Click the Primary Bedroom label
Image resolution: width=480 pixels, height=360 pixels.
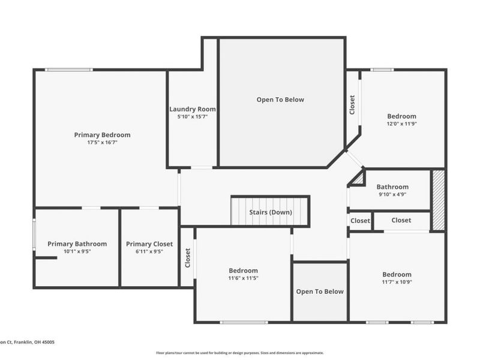(x=102, y=134)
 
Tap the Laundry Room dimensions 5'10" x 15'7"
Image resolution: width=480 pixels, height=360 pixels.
(x=192, y=116)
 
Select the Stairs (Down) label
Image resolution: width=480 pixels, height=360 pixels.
(x=271, y=212)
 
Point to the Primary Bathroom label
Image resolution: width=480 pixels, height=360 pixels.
(x=77, y=244)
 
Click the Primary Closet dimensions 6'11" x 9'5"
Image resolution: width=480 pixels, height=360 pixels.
(x=149, y=251)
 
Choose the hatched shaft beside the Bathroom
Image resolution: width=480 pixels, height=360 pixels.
(x=438, y=200)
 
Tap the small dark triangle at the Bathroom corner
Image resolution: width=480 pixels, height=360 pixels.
(x=358, y=179)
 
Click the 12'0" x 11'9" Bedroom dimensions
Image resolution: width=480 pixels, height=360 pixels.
(x=401, y=124)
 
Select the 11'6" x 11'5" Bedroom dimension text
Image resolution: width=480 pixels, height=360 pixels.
(x=244, y=278)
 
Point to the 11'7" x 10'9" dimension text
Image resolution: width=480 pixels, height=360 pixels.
(x=397, y=282)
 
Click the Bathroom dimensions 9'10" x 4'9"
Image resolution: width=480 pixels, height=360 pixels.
(x=392, y=194)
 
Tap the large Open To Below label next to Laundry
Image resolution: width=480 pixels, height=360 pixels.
(x=280, y=100)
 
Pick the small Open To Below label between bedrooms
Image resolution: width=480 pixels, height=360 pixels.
(x=320, y=292)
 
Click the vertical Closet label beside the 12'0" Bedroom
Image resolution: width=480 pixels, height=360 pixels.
(x=352, y=105)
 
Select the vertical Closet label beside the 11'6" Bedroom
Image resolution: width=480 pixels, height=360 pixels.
(x=188, y=258)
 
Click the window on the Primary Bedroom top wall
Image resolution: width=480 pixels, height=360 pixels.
(x=69, y=70)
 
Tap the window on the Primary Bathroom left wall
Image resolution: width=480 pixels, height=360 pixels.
(x=34, y=233)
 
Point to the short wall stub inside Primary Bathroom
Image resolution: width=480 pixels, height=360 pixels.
(x=46, y=258)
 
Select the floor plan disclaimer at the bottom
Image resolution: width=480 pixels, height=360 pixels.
(x=240, y=353)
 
